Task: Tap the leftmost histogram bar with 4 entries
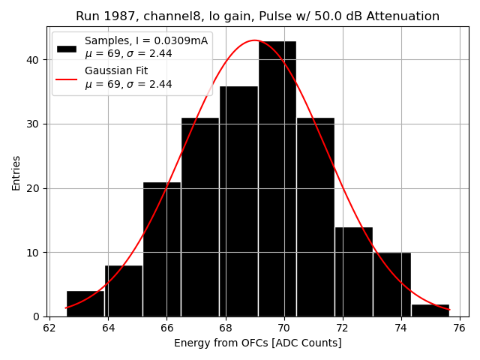click(x=85, y=304)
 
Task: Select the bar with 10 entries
click(x=391, y=284)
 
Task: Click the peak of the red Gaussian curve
click(x=254, y=40)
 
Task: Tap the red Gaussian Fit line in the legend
click(x=67, y=77)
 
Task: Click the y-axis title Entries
click(x=16, y=172)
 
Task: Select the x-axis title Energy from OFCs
click(x=257, y=343)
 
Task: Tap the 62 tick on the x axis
click(x=49, y=328)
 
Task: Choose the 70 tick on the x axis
click(x=283, y=328)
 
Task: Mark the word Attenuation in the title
click(x=403, y=16)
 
